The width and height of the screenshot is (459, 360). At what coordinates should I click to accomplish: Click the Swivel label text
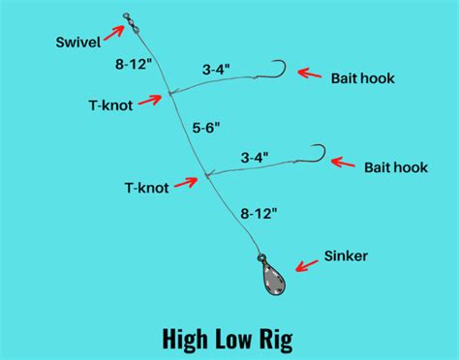[x=81, y=42]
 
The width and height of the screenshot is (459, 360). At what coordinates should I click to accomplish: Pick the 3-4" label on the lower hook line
[x=257, y=155]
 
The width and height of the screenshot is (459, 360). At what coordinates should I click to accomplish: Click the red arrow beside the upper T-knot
[x=150, y=99]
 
